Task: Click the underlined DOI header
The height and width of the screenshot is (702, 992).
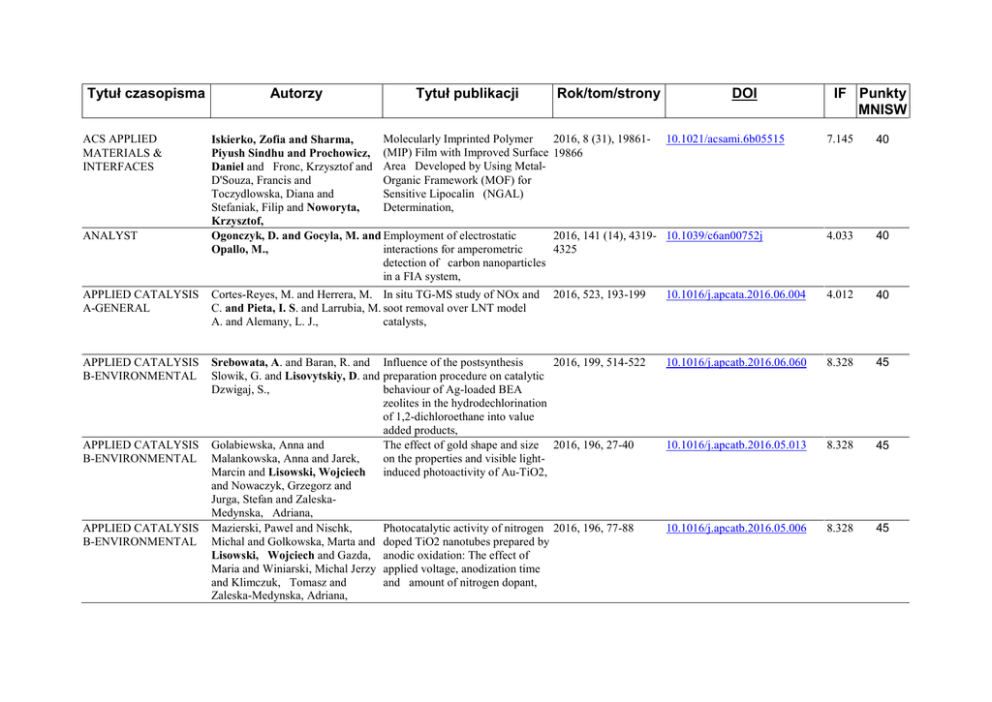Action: (743, 94)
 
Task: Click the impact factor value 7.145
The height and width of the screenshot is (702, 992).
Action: (840, 138)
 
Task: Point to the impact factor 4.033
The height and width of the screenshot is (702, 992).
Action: (840, 235)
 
